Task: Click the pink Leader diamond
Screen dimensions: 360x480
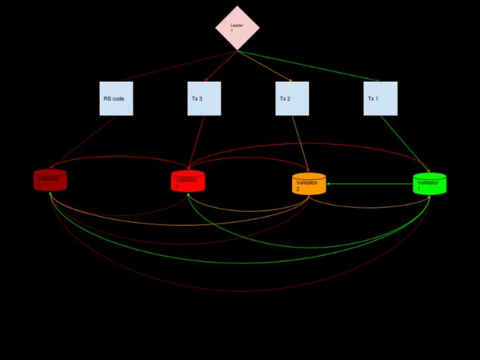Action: [x=237, y=28]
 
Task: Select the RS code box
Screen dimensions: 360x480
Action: [x=116, y=99]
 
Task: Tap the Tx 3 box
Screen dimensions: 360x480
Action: [x=204, y=99]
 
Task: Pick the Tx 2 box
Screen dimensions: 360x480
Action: [x=292, y=99]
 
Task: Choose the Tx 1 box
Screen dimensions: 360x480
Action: [x=380, y=99]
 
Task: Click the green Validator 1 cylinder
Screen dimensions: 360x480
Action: [x=429, y=184]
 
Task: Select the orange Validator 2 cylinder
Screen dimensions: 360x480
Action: [x=309, y=184]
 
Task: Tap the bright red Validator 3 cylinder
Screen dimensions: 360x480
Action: [x=188, y=181]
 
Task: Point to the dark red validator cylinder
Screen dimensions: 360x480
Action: [x=50, y=180]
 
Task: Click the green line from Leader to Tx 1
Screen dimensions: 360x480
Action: [x=311, y=66]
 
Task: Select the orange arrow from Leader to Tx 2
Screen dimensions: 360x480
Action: [x=265, y=66]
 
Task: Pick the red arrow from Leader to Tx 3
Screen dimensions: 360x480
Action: [x=220, y=66]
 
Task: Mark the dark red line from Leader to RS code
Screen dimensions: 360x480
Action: [x=176, y=66]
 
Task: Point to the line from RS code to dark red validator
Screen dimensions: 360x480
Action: [x=83, y=141]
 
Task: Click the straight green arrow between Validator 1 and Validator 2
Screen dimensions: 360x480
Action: [x=370, y=184]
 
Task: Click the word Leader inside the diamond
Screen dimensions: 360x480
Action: [x=236, y=25]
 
